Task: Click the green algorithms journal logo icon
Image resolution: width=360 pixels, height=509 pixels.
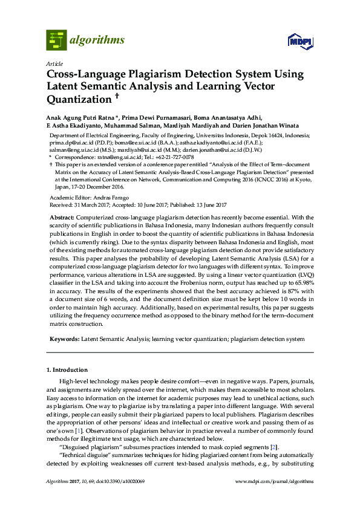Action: point(56,40)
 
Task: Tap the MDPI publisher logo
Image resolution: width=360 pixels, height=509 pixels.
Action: point(301,42)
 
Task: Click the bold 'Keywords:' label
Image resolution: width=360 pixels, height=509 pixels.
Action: point(64,340)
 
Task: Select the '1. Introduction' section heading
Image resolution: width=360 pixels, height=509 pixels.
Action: point(67,369)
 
